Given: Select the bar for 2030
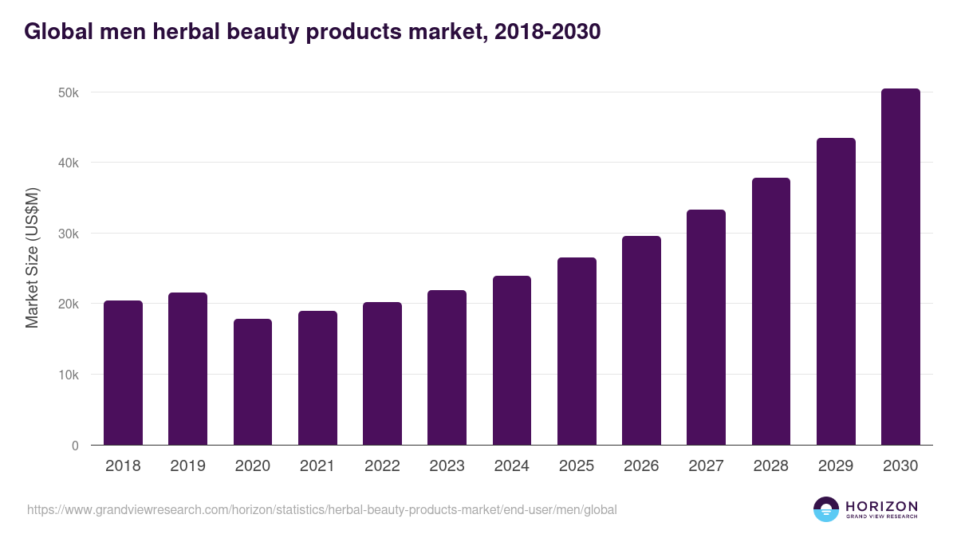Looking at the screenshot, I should pyautogui.click(x=900, y=267).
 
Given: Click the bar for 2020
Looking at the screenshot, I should pyautogui.click(x=253, y=382).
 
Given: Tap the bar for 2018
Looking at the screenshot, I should pyautogui.click(x=123, y=373).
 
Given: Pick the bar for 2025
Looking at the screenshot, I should pyautogui.click(x=577, y=351).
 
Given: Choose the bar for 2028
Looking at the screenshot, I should pyautogui.click(x=771, y=312).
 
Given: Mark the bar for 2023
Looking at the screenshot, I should pyautogui.click(x=447, y=367).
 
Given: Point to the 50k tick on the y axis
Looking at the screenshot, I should pyautogui.click(x=69, y=92).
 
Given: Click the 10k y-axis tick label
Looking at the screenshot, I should pyautogui.click(x=69, y=375).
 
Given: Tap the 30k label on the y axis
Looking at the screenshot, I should pyautogui.click(x=69, y=234).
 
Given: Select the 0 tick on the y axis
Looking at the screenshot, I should pyautogui.click(x=75, y=446).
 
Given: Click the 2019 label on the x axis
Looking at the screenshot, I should pyautogui.click(x=187, y=466).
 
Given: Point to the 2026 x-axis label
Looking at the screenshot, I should pyautogui.click(x=641, y=466).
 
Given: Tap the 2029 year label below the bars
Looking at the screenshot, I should pyautogui.click(x=836, y=466).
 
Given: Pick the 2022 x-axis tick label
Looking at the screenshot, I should pyautogui.click(x=382, y=466).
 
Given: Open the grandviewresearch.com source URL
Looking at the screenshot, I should pyautogui.click(x=322, y=509).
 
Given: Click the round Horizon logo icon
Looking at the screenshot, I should pyautogui.click(x=826, y=509).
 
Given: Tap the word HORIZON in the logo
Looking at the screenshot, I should pyautogui.click(x=881, y=506).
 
